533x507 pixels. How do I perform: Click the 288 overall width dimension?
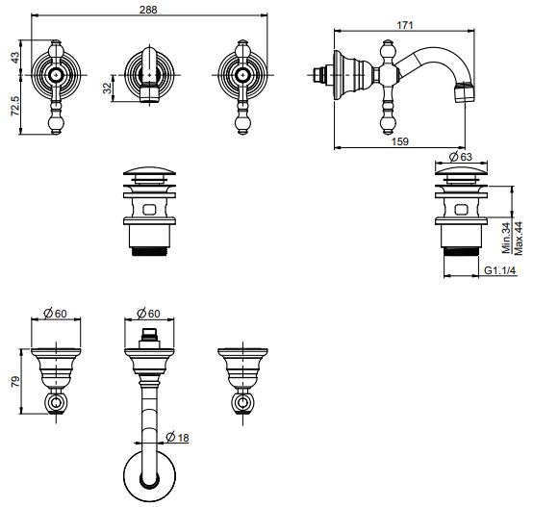click(x=148, y=10)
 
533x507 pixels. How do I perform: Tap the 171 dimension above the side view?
click(x=404, y=25)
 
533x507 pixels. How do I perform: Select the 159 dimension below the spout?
click(x=400, y=141)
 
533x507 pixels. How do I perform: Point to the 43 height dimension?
click(x=15, y=57)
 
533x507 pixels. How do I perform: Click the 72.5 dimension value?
click(x=15, y=106)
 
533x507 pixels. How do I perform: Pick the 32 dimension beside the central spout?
click(x=108, y=88)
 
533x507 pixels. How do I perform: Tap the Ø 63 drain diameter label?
click(x=461, y=157)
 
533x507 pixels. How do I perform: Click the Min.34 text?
click(x=506, y=238)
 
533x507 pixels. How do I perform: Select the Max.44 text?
click(x=518, y=238)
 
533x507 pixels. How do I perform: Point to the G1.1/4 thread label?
click(x=500, y=270)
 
